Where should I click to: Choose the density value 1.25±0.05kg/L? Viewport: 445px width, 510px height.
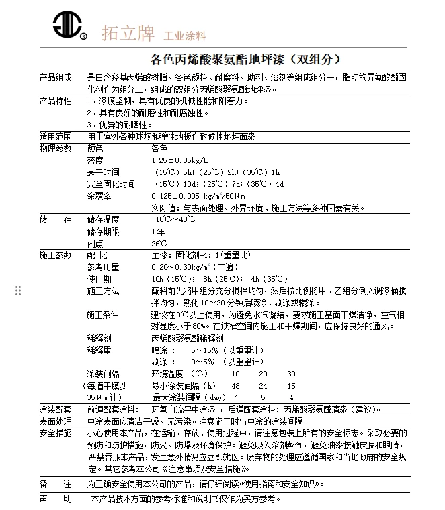point(179,160)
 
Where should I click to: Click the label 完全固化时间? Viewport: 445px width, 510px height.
point(111,184)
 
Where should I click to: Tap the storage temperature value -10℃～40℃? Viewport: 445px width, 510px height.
point(173,219)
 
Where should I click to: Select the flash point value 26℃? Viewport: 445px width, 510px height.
point(159,243)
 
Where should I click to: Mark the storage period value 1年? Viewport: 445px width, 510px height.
point(158,232)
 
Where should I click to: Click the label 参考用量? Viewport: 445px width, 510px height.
point(103,267)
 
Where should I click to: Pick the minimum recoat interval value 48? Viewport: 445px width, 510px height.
point(235,386)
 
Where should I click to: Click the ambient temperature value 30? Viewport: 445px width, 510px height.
point(291,374)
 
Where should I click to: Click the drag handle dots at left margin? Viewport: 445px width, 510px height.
point(19,290)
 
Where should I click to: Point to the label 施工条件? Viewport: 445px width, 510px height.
point(103,315)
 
